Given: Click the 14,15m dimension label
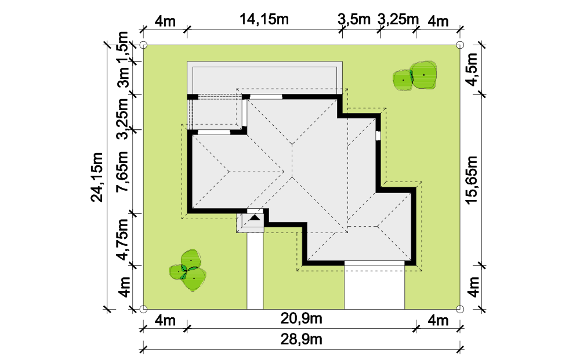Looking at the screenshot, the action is click(264, 19).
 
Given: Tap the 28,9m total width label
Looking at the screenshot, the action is click(301, 339).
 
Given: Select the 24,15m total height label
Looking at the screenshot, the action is click(97, 177).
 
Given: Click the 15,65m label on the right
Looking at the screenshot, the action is click(472, 180).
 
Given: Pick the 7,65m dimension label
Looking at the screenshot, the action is click(122, 171).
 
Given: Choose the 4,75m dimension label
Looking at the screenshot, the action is click(122, 239).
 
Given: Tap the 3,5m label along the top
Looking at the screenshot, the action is click(354, 19).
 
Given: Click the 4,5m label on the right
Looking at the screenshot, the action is click(472, 70).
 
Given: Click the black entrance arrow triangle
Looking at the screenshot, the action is click(255, 217).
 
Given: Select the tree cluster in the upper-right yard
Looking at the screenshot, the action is click(415, 76).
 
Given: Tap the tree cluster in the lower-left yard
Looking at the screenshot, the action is click(188, 270).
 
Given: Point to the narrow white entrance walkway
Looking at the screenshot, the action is click(255, 271).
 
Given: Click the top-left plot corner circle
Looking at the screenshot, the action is click(143, 45).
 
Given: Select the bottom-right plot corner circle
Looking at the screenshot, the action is click(460, 309).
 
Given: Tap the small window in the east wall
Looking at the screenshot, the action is click(378, 136).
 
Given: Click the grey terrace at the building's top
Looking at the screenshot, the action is click(264, 78).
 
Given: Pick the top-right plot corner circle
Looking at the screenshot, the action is click(460, 45).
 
